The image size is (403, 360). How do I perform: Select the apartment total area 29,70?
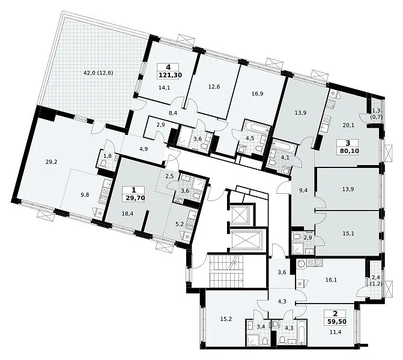(134, 198)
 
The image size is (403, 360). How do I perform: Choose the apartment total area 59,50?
(335, 322)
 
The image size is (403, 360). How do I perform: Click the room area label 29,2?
(52, 162)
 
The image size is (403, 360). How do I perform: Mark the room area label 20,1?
(348, 125)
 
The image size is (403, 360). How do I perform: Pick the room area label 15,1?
(348, 233)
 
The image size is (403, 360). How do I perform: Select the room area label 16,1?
(331, 280)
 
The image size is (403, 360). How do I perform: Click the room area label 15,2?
(226, 319)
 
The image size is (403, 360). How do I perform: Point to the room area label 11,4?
(335, 332)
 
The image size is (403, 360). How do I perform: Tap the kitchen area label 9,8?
(85, 194)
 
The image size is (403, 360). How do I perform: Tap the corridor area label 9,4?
(303, 190)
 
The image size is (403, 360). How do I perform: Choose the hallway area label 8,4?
(173, 112)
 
